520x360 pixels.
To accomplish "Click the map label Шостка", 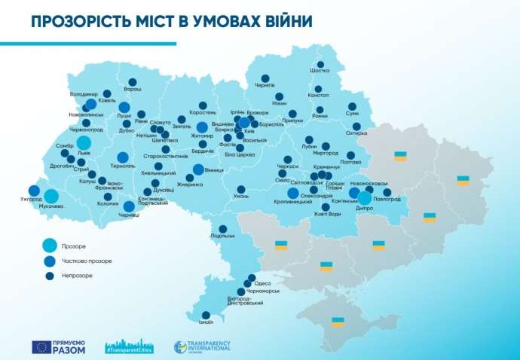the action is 320,72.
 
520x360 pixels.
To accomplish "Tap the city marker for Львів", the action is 84,142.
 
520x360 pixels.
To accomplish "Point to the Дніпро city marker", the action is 364,198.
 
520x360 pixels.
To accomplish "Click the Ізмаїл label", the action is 206,320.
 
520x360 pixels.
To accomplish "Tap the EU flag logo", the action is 41,347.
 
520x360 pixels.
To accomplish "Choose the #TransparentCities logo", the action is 130,347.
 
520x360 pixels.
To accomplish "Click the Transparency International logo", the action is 202,347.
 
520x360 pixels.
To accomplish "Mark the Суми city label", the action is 352,114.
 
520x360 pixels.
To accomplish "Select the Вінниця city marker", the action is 198,169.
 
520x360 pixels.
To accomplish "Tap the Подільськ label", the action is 223,236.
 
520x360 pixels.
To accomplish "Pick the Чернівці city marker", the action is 129,206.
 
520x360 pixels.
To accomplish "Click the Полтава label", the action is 351,162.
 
